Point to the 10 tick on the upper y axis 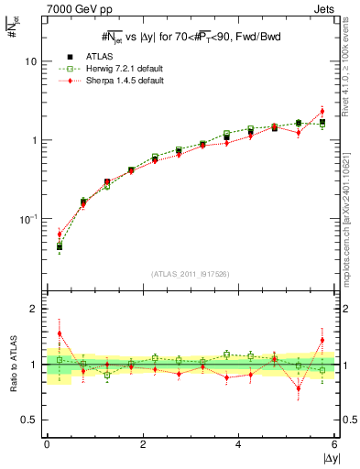pyautogui.click(x=30, y=61)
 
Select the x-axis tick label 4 pyautogui.click(x=238, y=445)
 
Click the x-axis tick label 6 pyautogui.click(x=334, y=445)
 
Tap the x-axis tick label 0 pyautogui.click(x=47, y=445)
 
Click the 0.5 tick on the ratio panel pyautogui.click(x=29, y=420)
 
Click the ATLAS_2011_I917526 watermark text pyautogui.click(x=191, y=274)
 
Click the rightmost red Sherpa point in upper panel pyautogui.click(x=322, y=111)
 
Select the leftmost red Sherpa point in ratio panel pyautogui.click(x=60, y=333)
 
